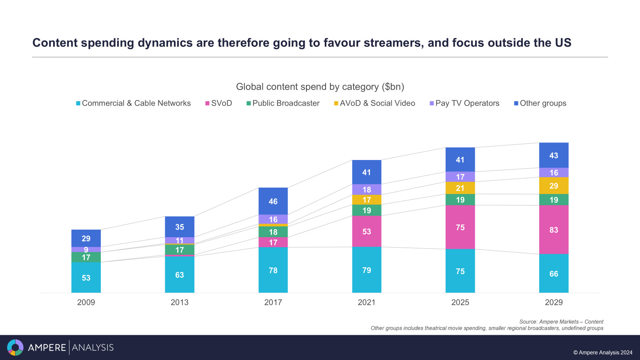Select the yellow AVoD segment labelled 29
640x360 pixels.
pyautogui.click(x=554, y=186)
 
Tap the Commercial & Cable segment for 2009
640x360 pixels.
pyautogui.click(x=86, y=278)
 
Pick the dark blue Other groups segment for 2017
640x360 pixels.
pyautogui.click(x=273, y=201)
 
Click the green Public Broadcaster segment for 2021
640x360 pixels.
pyautogui.click(x=367, y=210)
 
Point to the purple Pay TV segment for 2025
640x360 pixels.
pyautogui.click(x=460, y=177)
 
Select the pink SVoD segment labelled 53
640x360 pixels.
pyautogui.click(x=367, y=232)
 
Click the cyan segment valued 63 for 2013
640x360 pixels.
pyautogui.click(x=180, y=275)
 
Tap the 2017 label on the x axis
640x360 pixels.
pyautogui.click(x=273, y=302)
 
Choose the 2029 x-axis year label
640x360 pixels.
pyautogui.click(x=554, y=302)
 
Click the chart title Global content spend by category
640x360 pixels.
pyautogui.click(x=320, y=87)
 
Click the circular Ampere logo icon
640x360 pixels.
pyautogui.click(x=15, y=347)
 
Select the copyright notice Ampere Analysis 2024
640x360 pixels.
pyautogui.click(x=603, y=352)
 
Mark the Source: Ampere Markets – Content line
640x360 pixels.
pyautogui.click(x=561, y=322)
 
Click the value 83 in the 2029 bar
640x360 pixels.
pyautogui.click(x=554, y=230)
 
